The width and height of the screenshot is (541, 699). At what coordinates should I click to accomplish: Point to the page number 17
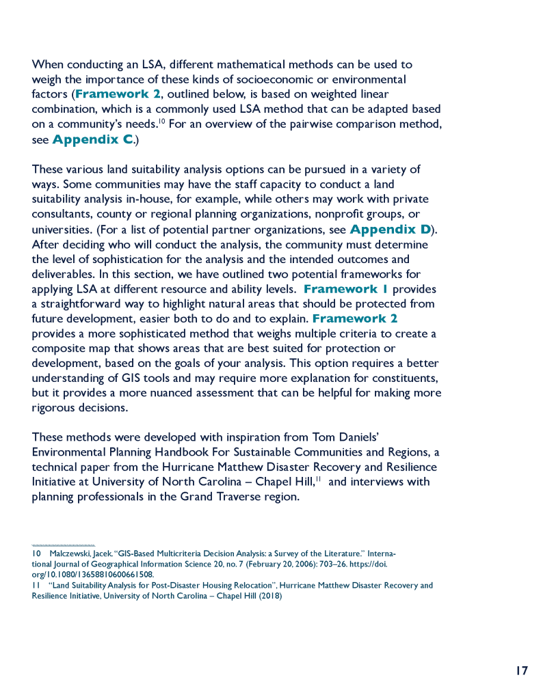coord(521,670)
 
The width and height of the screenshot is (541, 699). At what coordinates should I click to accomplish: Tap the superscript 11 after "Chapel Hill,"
coord(319,478)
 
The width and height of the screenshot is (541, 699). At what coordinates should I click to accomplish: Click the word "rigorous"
coord(53,408)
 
